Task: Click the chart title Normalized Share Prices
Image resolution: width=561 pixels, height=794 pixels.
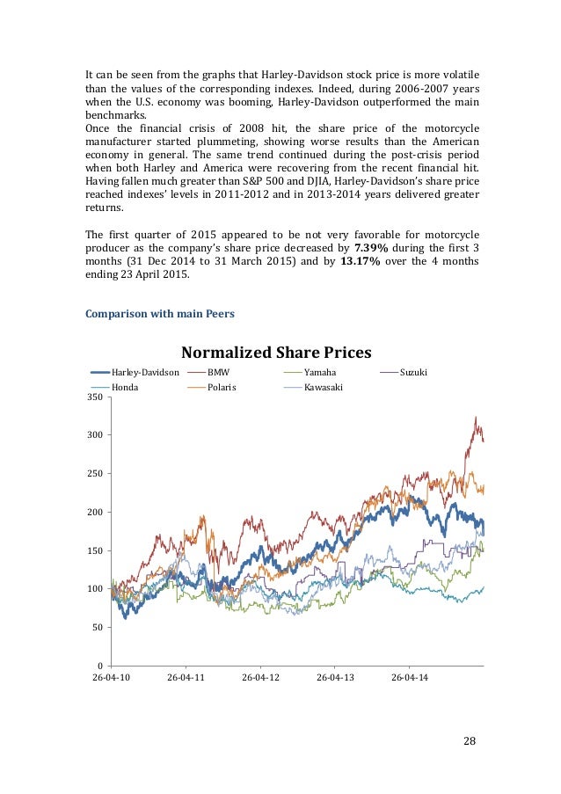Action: pos(276,353)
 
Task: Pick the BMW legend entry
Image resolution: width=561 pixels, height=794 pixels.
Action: pos(217,373)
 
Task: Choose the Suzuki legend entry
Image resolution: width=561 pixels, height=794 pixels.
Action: pos(412,373)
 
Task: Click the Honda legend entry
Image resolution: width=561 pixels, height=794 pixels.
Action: pos(125,387)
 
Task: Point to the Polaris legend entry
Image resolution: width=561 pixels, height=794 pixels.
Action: pos(222,387)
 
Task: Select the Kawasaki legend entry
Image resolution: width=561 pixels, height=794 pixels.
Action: pos(323,387)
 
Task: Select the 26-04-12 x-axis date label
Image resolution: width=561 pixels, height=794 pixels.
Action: pos(261,679)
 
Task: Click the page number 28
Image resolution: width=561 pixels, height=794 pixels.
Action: pos(469,741)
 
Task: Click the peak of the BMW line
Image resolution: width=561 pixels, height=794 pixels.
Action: pos(476,417)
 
